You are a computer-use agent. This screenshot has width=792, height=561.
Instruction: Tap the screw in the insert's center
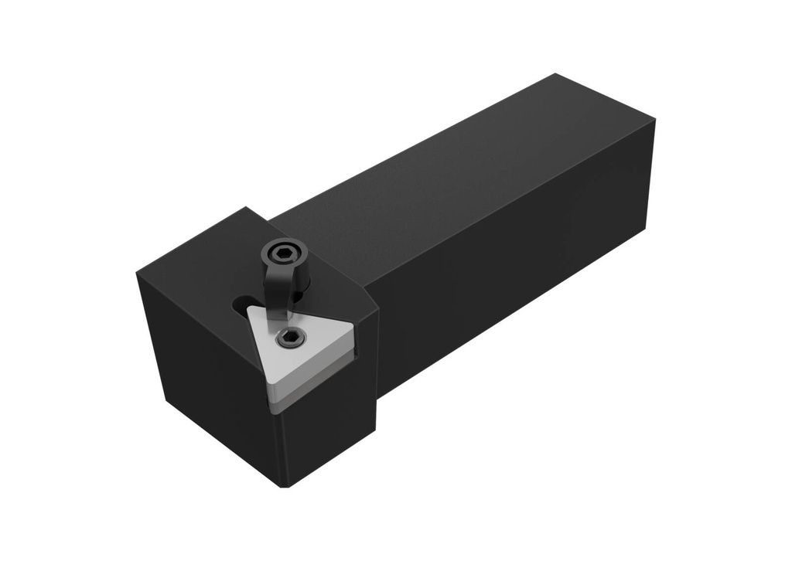(x=291, y=337)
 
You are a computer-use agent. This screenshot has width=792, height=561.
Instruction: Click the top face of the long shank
(x=449, y=170)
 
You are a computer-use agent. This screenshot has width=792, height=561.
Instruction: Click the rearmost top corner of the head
(x=247, y=207)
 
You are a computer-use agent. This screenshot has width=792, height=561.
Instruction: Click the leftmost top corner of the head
(x=138, y=273)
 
